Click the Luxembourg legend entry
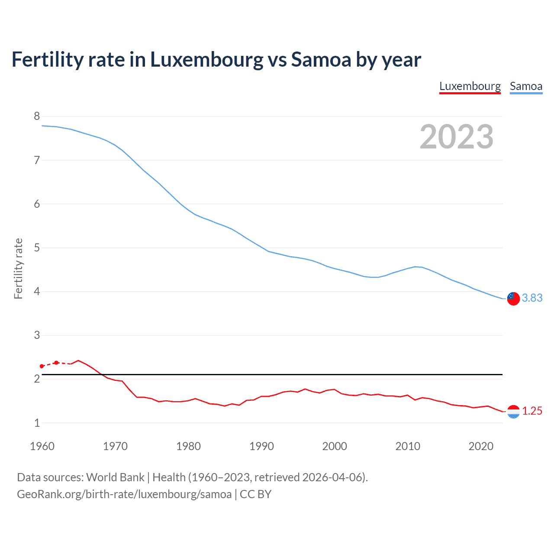[470, 87]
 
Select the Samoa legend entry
[526, 87]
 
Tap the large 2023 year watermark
[456, 137]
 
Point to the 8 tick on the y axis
[37, 116]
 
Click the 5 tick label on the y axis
[37, 248]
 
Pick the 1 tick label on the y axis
[37, 423]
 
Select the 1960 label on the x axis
[42, 446]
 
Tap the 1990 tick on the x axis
[261, 446]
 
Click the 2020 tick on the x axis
[481, 446]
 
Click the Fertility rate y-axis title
[18, 268]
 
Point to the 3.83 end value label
[532, 298]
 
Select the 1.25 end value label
[532, 411]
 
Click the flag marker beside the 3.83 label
[513, 298]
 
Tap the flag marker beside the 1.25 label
[513, 412]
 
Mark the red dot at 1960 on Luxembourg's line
[42, 366]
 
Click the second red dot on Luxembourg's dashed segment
[56, 363]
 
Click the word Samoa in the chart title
[321, 60]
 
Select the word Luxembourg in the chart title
[206, 60]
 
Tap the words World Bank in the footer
[115, 477]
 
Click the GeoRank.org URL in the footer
[124, 494]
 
